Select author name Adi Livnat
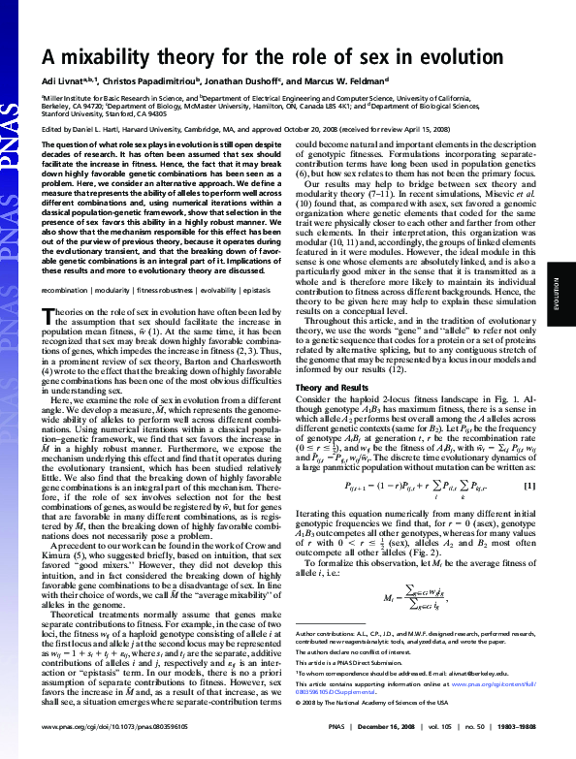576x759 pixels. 65,80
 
